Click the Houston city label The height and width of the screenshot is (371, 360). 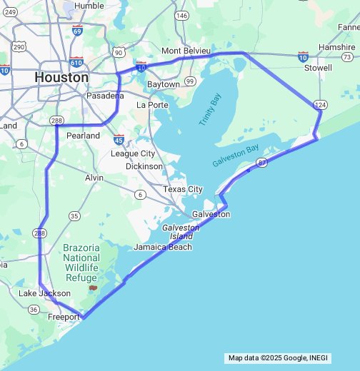pos(61,77)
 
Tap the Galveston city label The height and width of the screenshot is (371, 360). pos(211,214)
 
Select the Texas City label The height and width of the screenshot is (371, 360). pos(183,189)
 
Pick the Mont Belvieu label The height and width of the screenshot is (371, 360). pos(186,51)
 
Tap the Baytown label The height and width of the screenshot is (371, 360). pos(164,84)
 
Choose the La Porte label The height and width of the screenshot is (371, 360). pos(151,104)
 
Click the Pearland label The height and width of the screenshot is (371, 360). pos(82,135)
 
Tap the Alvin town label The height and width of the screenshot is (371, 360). pos(94,177)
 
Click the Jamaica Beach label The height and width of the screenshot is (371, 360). pos(162,247)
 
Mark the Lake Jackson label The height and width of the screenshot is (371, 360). pos(44,293)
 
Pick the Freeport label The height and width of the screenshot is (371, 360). pos(63,317)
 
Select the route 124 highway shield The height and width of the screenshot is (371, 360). pos(321,105)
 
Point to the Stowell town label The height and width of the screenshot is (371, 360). pos(318,68)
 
